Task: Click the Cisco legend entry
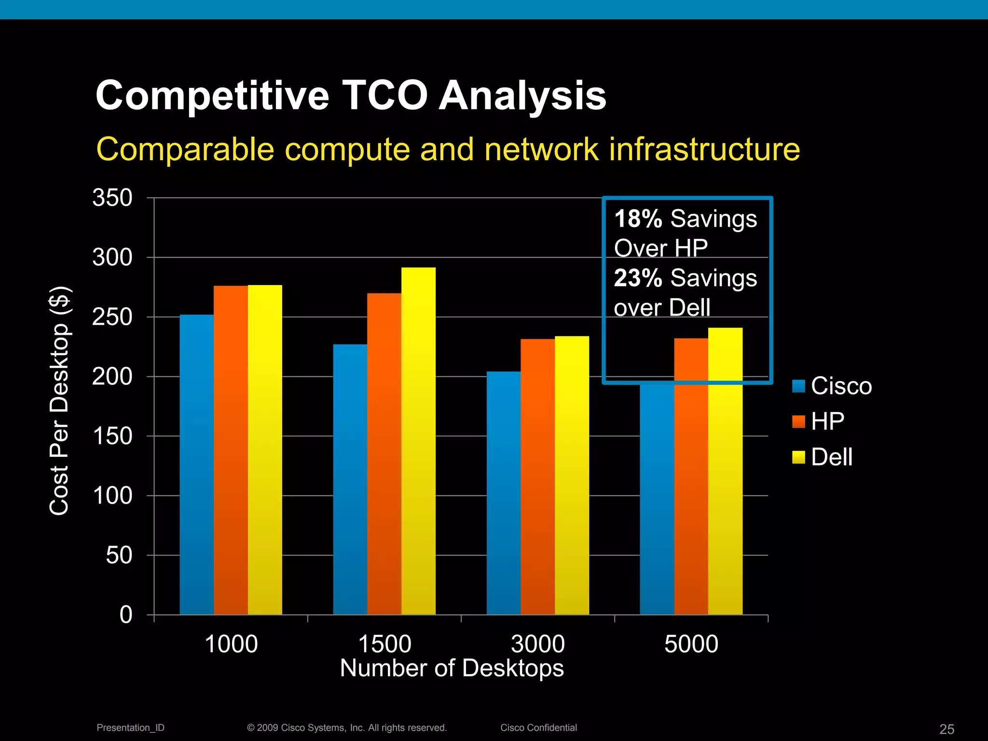point(832,386)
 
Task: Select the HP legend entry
point(818,422)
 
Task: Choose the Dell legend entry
point(822,457)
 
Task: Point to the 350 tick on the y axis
point(112,198)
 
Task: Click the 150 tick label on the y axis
point(112,436)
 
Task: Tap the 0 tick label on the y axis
point(125,615)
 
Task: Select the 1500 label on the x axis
point(384,644)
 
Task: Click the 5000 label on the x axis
point(691,644)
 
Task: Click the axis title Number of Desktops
point(452,669)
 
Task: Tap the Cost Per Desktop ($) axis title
point(60,400)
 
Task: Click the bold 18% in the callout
point(638,219)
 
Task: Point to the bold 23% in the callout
point(638,278)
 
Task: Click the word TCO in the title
point(384,96)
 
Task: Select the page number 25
point(947,729)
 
